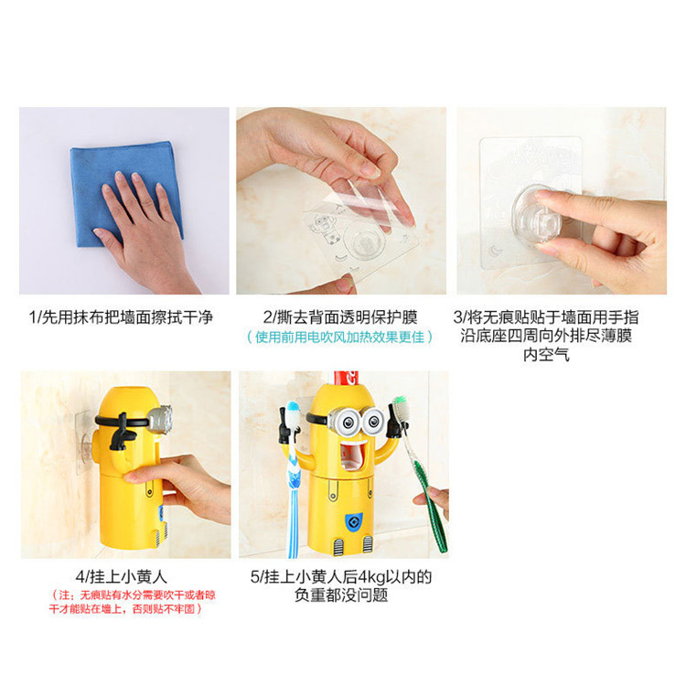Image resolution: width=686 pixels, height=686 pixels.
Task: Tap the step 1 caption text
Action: point(121,317)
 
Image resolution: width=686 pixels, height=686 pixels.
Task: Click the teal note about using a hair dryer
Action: point(340,338)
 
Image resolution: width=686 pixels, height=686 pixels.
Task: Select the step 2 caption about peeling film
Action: point(340,317)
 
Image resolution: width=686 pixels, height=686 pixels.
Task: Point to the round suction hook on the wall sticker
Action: point(537,216)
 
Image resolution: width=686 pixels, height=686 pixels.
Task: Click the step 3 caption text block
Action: point(546,336)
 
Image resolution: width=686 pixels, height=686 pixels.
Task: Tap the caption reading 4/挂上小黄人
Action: point(121,576)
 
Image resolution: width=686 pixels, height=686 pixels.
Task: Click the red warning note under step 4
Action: point(132,602)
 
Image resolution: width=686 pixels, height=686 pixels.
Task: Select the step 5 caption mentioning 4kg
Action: point(341,585)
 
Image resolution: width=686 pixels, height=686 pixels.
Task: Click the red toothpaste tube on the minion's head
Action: point(346,378)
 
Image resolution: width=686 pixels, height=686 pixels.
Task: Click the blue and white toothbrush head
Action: point(293,412)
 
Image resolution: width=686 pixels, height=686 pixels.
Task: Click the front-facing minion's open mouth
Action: point(352,456)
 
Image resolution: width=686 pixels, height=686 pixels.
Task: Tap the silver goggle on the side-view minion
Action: point(161,419)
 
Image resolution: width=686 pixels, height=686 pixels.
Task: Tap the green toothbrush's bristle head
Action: point(401,409)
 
